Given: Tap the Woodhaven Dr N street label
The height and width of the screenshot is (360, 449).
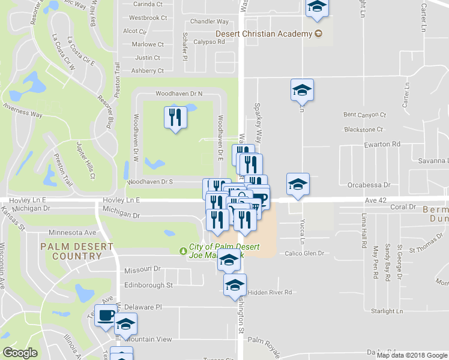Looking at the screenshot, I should pos(179,94).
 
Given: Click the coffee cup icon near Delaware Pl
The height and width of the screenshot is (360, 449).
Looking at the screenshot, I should pos(106,315).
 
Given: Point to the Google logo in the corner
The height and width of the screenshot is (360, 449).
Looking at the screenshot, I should pos(20,353).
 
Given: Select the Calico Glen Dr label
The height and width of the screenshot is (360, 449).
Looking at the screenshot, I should pos(304,253).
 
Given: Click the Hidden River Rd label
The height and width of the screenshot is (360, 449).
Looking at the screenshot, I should pos(270,292).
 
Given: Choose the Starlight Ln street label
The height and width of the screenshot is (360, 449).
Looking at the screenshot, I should pos(387,311).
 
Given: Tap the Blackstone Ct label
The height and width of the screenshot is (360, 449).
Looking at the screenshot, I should pos(363,129).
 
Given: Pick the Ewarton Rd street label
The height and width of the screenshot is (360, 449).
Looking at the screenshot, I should pos(382,145).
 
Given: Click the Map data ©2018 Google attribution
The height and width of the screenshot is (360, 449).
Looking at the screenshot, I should pos(412,355).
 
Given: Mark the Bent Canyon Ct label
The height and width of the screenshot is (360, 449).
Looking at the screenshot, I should pos(364,114).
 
